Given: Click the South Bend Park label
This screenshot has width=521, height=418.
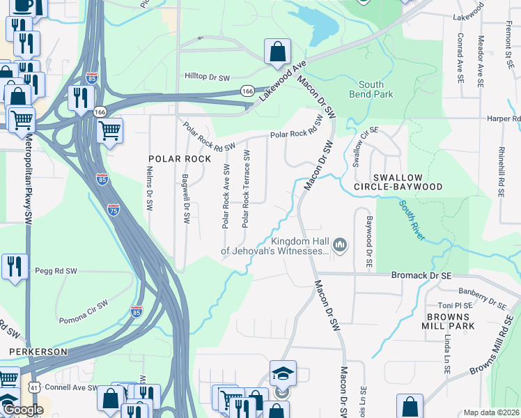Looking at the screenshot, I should click(x=371, y=89).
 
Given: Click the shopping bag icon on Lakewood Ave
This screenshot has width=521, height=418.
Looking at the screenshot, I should click(x=277, y=52).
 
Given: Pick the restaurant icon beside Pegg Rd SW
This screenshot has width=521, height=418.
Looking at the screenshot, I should click(x=14, y=265).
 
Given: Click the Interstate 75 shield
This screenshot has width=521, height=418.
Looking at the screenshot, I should click(x=114, y=208).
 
